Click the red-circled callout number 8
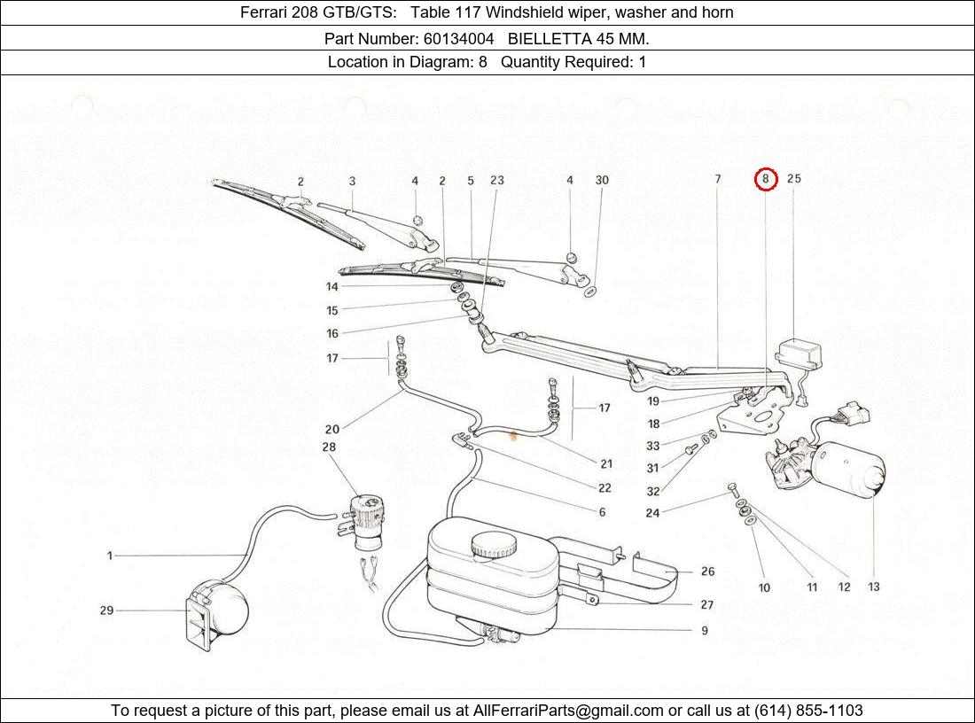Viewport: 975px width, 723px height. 766,179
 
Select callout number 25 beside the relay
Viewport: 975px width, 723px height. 793,179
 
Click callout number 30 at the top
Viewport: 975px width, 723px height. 602,181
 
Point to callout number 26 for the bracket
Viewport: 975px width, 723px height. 707,572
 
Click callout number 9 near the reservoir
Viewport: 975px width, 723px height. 705,631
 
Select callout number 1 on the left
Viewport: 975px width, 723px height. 110,556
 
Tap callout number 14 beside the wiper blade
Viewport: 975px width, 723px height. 331,287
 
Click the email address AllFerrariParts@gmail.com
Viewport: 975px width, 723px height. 568,711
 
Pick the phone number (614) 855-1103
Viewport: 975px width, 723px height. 808,711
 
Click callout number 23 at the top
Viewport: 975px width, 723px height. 496,181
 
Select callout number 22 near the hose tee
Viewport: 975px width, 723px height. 604,488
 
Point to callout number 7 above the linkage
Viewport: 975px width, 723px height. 718,180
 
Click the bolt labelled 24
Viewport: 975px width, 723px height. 732,488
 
